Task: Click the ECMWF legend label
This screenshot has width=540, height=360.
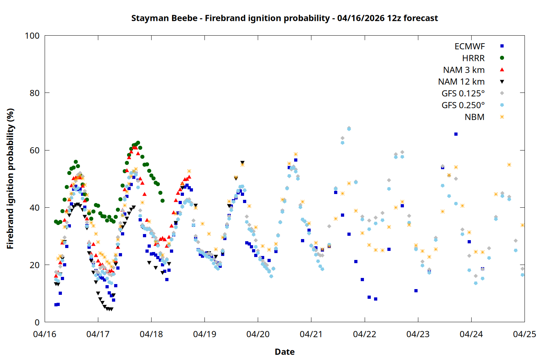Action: pos(469,46)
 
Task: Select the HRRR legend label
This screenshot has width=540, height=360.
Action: pos(473,58)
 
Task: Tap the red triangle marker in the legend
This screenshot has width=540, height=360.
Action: pos(502,69)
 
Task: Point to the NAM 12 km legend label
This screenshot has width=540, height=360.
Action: pos(461,82)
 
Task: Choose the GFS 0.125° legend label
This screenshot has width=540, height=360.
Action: pos(463,94)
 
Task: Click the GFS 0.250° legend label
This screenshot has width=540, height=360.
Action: pos(463,105)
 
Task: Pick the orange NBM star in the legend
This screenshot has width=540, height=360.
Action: pos(502,117)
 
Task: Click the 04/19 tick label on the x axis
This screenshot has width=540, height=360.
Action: pos(204,334)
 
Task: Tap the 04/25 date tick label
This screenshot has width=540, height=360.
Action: pos(524,334)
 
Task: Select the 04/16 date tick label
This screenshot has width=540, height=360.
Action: pos(45,334)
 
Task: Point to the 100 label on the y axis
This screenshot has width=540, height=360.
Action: pos(32,36)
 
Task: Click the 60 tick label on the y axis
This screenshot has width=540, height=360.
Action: pos(35,150)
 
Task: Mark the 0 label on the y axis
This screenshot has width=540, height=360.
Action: pos(37,323)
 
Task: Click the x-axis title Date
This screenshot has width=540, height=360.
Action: pos(284,352)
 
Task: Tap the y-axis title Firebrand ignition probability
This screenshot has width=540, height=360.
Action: pos(10,179)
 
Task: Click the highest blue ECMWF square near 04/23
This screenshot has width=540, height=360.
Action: pos(456,134)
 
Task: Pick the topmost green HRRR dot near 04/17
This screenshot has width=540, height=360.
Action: pos(138,143)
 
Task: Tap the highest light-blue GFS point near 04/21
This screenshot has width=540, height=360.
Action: pos(349,129)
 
